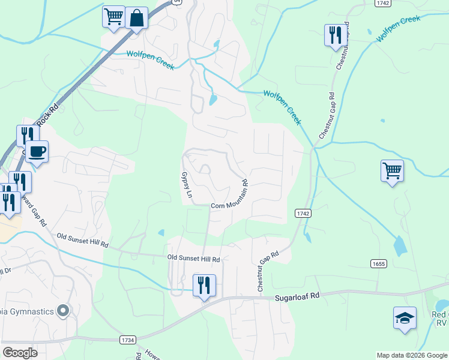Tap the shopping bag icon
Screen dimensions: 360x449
[x=136, y=18]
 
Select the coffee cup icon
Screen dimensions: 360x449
[x=37, y=151]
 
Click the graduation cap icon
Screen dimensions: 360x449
[x=405, y=317]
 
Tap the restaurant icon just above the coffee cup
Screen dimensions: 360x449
[x=26, y=135]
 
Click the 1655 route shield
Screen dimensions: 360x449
[x=379, y=263]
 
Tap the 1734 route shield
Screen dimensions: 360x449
[x=128, y=340]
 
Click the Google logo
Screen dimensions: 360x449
[x=19, y=353]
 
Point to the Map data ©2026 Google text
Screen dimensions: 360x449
[x=412, y=355]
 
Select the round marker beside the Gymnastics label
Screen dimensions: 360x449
[x=62, y=311]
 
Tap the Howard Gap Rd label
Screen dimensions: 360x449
[x=33, y=208]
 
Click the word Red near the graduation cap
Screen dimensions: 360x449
[x=439, y=314]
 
